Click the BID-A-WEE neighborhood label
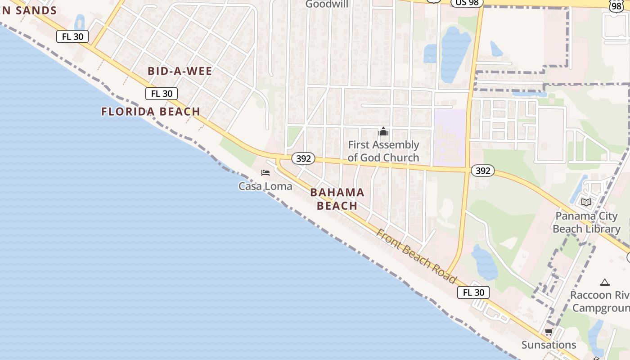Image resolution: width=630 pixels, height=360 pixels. [180, 71]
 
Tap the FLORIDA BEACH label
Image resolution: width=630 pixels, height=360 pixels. [151, 112]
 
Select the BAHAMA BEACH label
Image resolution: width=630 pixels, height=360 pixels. [337, 199]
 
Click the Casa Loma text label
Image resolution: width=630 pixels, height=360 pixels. [265, 186]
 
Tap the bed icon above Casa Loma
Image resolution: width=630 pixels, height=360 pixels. [265, 173]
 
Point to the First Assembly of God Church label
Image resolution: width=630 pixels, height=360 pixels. [383, 151]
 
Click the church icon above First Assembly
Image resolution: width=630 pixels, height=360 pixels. [383, 132]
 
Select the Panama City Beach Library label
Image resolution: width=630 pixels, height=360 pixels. [586, 222]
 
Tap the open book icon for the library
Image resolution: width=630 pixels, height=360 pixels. [586, 202]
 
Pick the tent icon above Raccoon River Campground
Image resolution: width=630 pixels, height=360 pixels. [605, 283]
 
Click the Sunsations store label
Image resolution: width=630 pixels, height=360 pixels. [549, 345]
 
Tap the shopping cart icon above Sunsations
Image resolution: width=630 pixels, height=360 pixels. [549, 333]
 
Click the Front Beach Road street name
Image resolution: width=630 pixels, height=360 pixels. [416, 256]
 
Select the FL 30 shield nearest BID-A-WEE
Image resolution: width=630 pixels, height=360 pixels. [162, 94]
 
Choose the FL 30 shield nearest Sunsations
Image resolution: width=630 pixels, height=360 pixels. [473, 292]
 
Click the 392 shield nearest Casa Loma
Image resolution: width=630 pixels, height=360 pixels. [303, 159]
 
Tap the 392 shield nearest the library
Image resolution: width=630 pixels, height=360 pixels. [482, 171]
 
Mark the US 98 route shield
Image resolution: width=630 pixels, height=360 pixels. [467, 3]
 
